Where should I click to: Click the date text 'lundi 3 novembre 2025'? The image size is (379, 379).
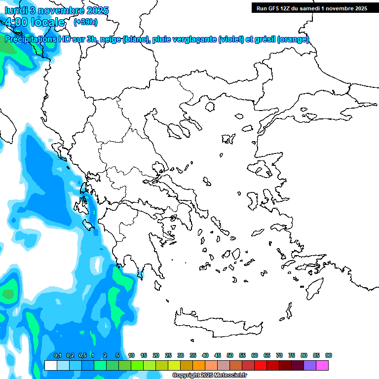click(57, 10)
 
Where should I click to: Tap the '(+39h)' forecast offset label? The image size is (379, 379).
click(85, 22)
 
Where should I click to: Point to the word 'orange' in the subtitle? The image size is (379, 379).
click(294, 39)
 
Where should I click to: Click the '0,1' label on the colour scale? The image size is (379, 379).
click(57, 356)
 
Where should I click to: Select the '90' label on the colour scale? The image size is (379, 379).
click(329, 356)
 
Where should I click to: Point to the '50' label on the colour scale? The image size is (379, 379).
click(230, 356)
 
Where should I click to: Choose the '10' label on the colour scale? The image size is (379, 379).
click(131, 356)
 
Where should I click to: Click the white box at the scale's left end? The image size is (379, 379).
click(50, 365)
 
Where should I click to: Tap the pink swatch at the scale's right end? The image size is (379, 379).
click(322, 365)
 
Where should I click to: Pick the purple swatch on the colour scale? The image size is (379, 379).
click(310, 365)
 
